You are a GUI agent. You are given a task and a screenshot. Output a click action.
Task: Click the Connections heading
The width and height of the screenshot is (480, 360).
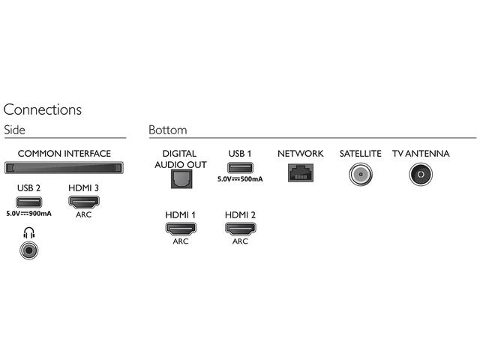click(43, 109)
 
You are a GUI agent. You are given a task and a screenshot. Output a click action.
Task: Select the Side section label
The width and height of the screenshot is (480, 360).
click(15, 130)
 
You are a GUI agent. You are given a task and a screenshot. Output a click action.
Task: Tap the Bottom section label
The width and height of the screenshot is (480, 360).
click(168, 130)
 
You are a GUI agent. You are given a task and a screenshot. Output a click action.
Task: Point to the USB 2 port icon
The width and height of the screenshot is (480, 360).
click(28, 202)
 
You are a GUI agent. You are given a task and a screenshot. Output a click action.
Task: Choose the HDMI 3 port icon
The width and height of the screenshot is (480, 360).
click(84, 202)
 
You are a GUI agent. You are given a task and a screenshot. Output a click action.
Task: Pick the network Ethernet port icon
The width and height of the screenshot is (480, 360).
click(300, 172)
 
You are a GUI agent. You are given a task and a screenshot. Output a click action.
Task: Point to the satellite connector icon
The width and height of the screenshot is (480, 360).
click(360, 175)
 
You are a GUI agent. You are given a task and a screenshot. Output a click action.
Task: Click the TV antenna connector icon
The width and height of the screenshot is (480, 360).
click(420, 175)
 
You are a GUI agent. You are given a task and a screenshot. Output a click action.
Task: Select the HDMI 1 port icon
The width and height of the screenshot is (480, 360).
click(180, 229)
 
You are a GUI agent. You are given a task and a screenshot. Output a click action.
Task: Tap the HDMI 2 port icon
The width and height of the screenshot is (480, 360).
click(240, 229)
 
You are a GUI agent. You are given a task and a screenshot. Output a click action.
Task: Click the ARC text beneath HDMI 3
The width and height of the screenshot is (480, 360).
click(84, 214)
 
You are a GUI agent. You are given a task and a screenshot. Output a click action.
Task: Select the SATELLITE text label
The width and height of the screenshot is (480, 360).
click(360, 154)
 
